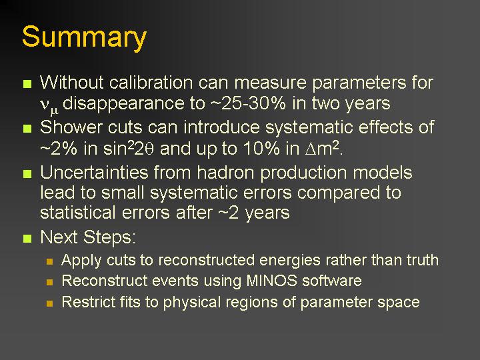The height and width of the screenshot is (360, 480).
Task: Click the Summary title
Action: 84,37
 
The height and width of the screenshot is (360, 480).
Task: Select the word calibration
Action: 151,82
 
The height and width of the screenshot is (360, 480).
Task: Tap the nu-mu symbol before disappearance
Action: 49,106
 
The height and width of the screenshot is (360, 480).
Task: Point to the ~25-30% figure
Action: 248,103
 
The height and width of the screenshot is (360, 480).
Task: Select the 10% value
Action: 261,149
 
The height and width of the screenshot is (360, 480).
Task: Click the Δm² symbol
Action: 323,149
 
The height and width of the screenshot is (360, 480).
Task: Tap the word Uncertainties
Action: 94,173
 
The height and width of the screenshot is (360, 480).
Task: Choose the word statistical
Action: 78,212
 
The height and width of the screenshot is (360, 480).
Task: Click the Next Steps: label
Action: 88,237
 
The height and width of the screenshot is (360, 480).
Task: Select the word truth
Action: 423,260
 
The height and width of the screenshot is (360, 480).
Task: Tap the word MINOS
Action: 272,281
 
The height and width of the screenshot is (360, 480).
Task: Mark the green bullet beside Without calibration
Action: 27,84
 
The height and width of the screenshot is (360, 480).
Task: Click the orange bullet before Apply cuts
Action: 49,262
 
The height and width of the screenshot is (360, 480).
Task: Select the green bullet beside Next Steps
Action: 27,239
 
